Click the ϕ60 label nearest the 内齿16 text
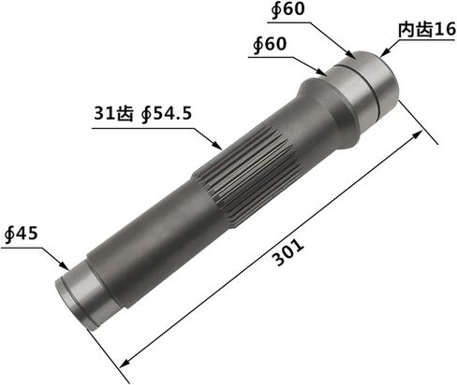pos(287,9)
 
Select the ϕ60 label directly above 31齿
pos(270,44)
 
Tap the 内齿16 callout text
pos(427,30)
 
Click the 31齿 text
pos(113,113)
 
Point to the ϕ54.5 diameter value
pos(166,114)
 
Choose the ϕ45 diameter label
pos(22,234)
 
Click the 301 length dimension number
pos(288,252)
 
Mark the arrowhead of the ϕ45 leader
pos(65,265)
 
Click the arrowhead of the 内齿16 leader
pos(384,53)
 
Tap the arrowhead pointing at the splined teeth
pos(216,144)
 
